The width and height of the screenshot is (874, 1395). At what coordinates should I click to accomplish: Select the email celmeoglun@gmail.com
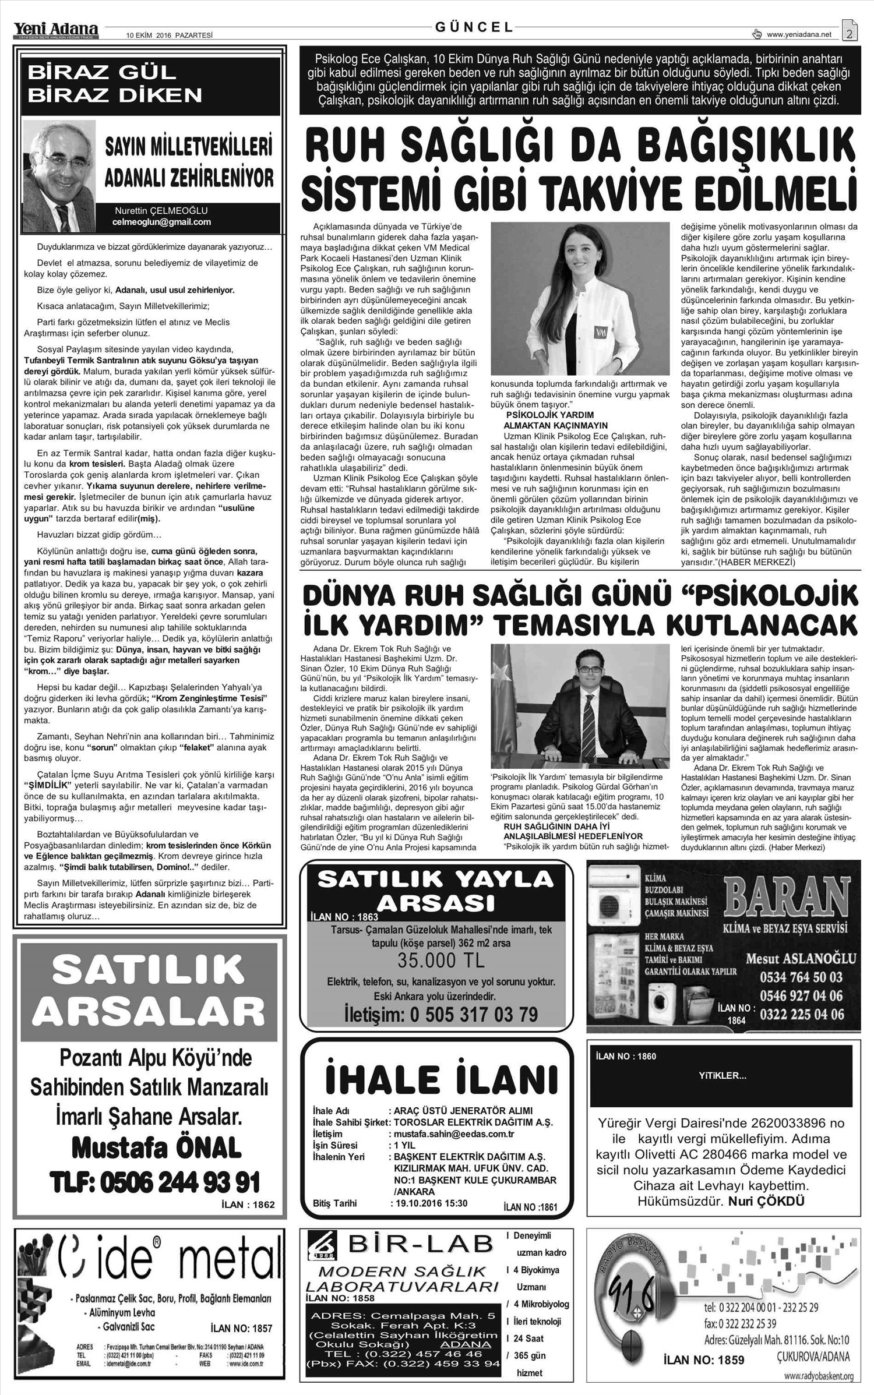click(161, 223)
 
